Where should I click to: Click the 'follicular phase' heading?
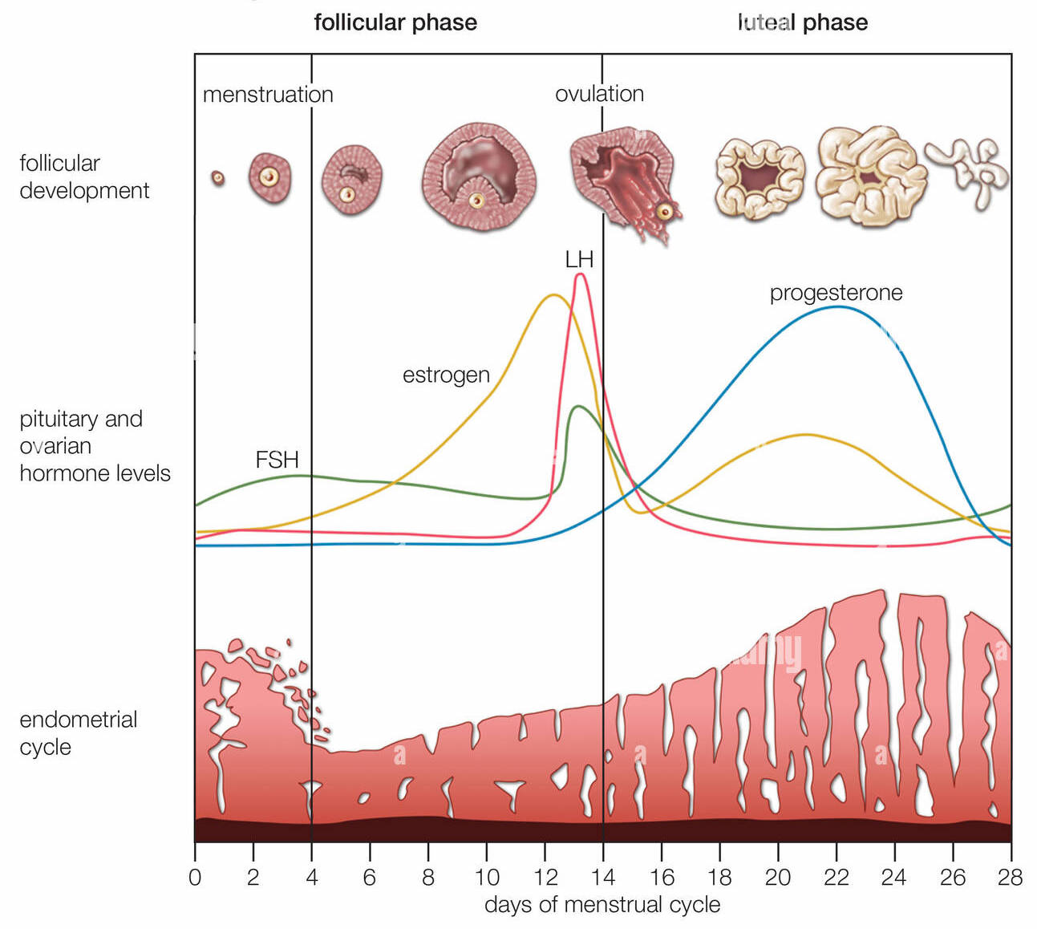[x=395, y=22]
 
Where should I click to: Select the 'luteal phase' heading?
[x=802, y=22]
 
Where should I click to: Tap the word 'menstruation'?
[x=268, y=95]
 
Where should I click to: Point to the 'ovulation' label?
[x=599, y=94]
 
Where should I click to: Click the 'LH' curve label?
[x=579, y=259]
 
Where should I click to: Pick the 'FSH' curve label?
[x=277, y=460]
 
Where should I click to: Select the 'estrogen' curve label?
[x=446, y=375]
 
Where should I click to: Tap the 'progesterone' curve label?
[x=836, y=293]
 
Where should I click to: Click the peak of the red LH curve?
[x=580, y=275]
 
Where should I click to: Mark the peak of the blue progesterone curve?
[x=836, y=306]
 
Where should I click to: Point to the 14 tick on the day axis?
[x=603, y=877]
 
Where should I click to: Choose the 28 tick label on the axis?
[x=1010, y=877]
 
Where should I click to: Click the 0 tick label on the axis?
[x=195, y=877]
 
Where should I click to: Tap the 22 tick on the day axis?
[x=836, y=877]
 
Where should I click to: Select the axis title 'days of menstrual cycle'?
[x=602, y=905]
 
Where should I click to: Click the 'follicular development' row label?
[x=84, y=176]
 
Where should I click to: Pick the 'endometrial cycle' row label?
[x=78, y=732]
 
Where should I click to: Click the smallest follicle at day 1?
[x=217, y=178]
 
